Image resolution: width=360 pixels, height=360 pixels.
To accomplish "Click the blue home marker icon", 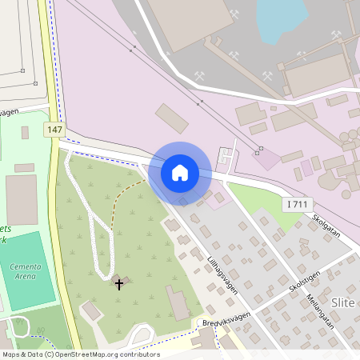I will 180,172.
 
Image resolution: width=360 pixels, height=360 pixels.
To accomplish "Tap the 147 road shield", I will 54,130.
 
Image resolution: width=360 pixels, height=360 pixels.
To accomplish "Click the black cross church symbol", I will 119,283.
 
